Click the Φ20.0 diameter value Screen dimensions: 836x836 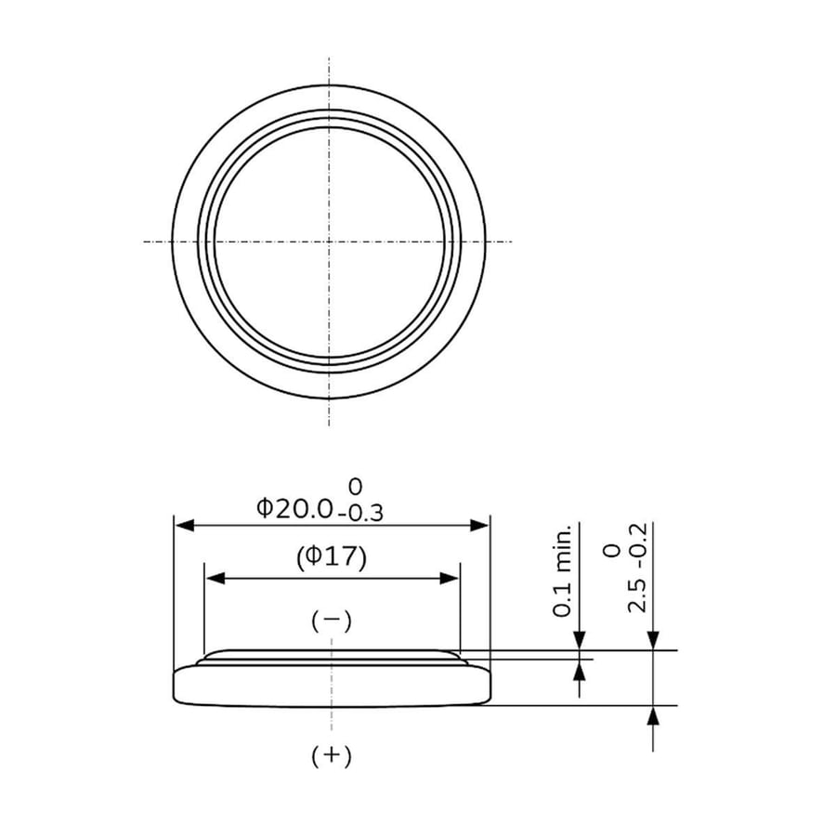click(294, 508)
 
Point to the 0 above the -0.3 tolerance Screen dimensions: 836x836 click(355, 485)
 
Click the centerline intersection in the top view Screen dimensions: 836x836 click(329, 242)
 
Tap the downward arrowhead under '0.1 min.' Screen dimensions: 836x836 click(581, 642)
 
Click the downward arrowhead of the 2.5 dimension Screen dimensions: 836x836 click(653, 642)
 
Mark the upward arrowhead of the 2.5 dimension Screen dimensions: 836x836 click(653, 714)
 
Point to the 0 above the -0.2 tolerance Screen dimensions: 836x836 click(611, 551)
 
